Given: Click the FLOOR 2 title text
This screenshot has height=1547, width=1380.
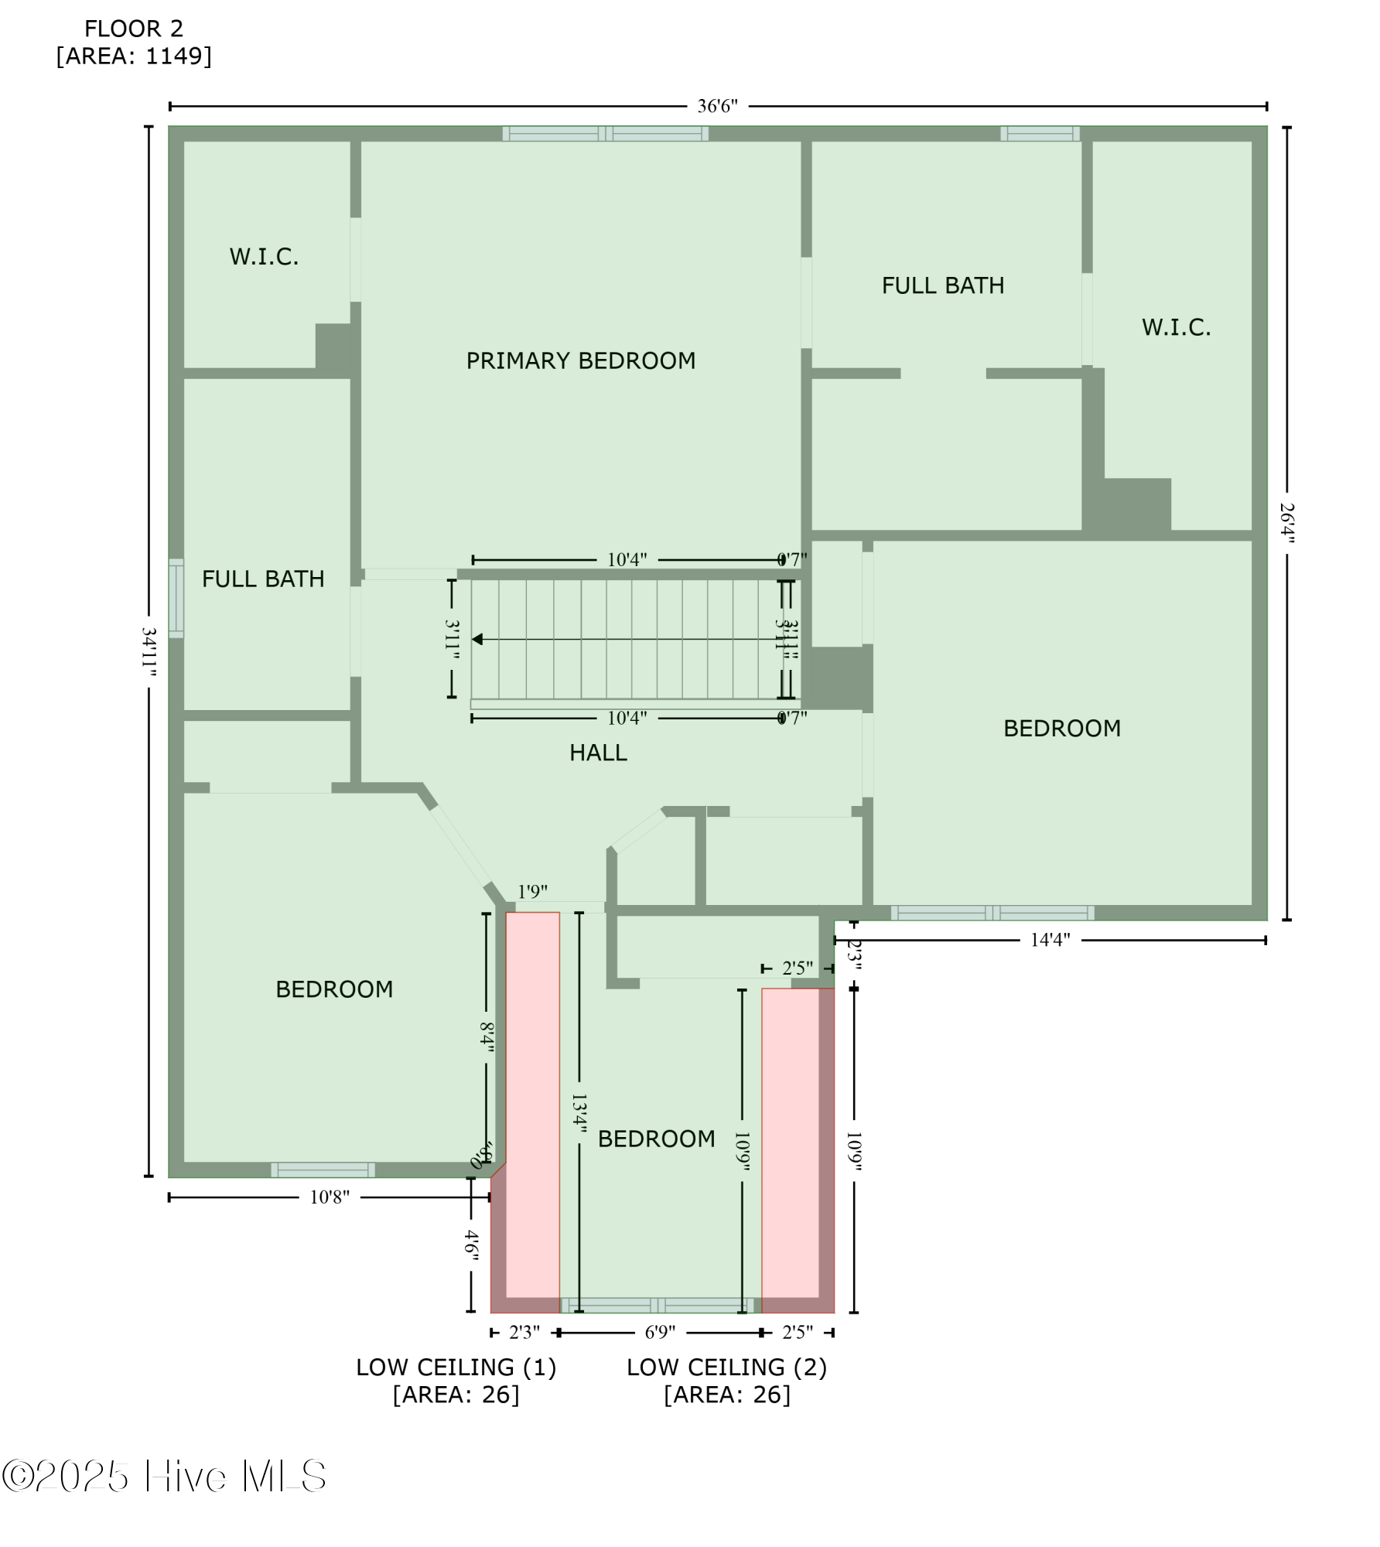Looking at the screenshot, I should click(134, 29).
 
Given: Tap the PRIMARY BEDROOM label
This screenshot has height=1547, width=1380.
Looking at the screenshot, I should click(580, 360).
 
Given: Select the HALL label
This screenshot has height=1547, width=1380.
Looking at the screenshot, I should click(598, 753).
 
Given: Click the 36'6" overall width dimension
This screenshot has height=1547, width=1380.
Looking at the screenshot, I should click(717, 106).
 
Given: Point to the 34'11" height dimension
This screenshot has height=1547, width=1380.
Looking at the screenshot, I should click(149, 651).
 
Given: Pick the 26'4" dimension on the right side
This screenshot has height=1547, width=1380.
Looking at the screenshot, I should click(1286, 523).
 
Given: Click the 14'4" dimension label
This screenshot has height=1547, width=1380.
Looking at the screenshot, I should click(1050, 940).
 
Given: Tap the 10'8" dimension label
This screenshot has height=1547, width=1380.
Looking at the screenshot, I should click(330, 1197).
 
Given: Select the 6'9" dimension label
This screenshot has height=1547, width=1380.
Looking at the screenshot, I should click(660, 1332).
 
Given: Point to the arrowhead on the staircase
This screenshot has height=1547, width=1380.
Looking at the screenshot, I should click(478, 639).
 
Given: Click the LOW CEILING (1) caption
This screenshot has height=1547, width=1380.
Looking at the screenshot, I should click(456, 1368).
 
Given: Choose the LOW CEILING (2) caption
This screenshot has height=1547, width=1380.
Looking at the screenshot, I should click(726, 1368).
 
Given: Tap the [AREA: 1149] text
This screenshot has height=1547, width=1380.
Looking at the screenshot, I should click(134, 56).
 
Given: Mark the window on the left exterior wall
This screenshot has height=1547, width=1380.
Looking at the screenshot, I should click(176, 598).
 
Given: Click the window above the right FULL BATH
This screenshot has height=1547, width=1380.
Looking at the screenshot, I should click(1040, 134).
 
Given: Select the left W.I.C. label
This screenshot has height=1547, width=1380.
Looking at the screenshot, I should click(264, 257).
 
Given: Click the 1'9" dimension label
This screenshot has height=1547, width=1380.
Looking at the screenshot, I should click(532, 892).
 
